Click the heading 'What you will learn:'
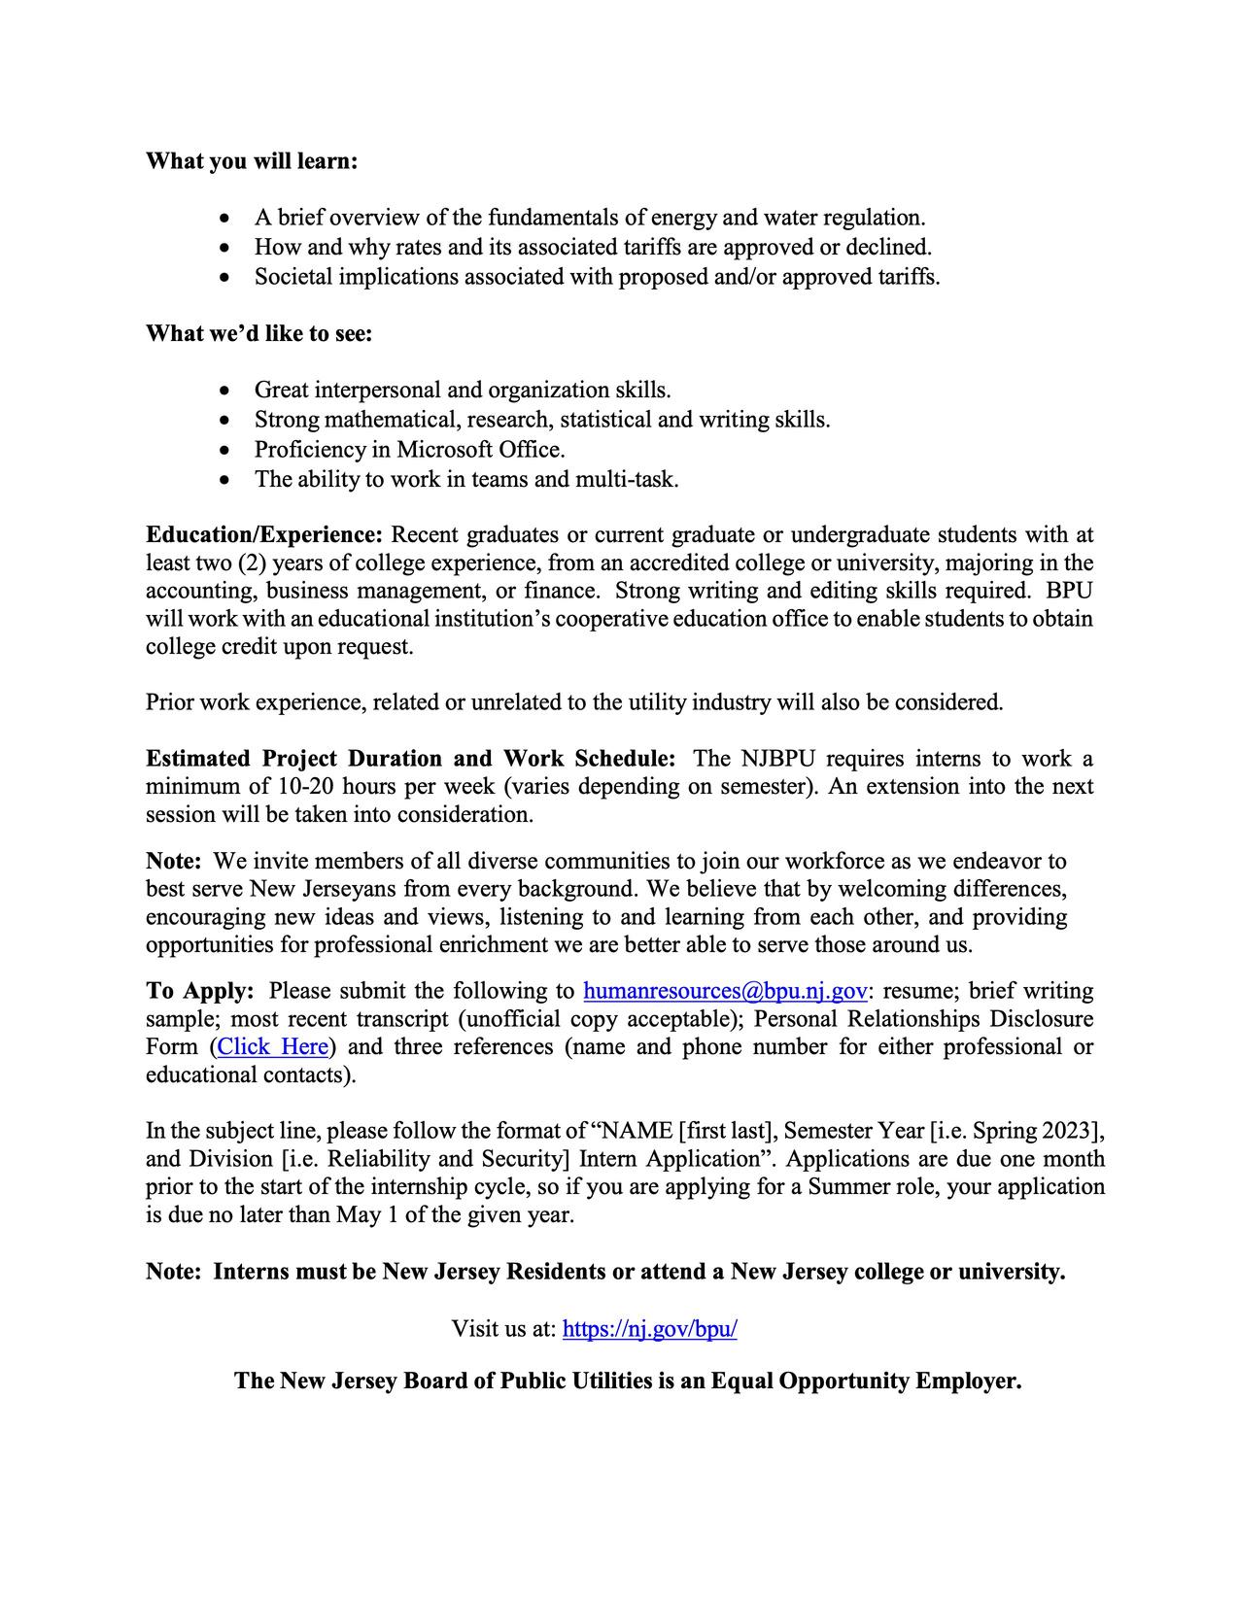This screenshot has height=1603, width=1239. pyautogui.click(x=252, y=161)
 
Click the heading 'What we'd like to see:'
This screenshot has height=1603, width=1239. pyautogui.click(x=259, y=334)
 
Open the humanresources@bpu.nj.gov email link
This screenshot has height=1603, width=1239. pyautogui.click(x=725, y=991)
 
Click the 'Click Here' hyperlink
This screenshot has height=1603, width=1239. pyautogui.click(x=272, y=1047)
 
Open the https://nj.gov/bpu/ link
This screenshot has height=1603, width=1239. pyautogui.click(x=649, y=1329)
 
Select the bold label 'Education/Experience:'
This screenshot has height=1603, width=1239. pyautogui.click(x=264, y=535)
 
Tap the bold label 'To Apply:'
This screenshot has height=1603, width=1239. pyautogui.click(x=200, y=991)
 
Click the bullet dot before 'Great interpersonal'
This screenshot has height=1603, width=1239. pyautogui.click(x=225, y=392)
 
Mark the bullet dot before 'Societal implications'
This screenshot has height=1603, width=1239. pyautogui.click(x=225, y=278)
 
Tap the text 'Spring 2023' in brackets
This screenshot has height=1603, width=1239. pyautogui.click(x=1033, y=1131)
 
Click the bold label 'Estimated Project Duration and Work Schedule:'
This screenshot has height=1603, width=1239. pyautogui.click(x=410, y=759)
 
